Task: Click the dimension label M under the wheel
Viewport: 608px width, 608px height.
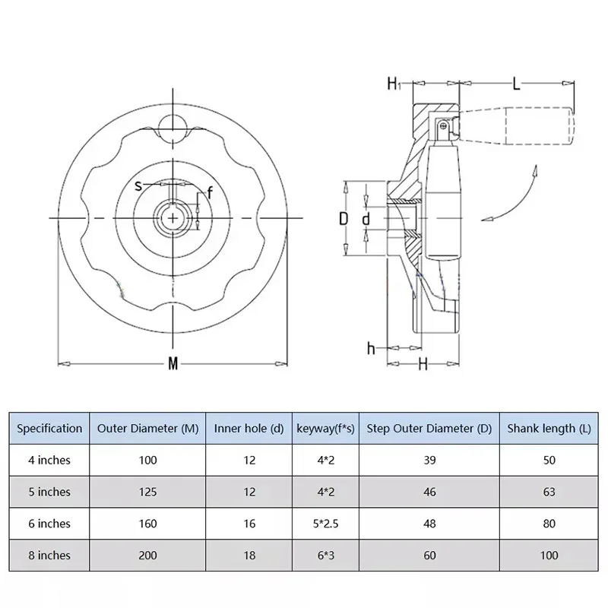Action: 173,364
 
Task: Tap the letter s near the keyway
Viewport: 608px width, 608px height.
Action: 138,186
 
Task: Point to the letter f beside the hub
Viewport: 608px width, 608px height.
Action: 210,192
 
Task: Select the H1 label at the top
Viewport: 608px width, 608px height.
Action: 394,84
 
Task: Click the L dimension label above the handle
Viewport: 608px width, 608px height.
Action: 516,84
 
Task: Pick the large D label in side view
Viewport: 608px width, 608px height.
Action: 344,219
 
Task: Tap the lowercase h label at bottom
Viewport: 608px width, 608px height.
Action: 371,348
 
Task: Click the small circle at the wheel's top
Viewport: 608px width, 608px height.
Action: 173,128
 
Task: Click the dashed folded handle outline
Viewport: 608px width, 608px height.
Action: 516,126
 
